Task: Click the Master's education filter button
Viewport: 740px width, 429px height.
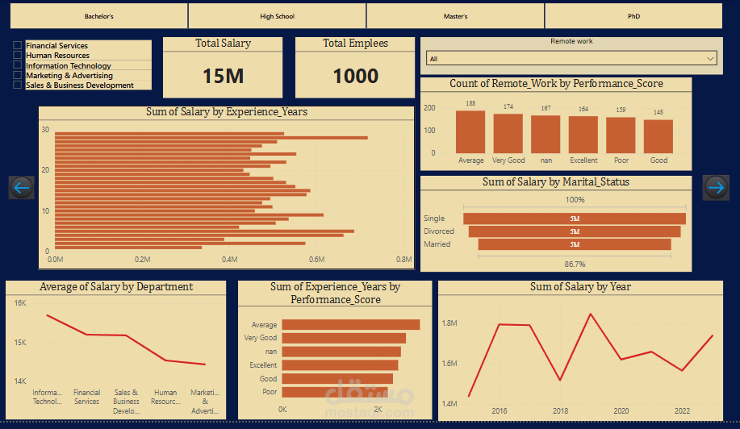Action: click(x=455, y=16)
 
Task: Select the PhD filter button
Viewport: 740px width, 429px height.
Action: click(x=633, y=16)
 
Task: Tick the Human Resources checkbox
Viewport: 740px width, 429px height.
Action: click(x=18, y=56)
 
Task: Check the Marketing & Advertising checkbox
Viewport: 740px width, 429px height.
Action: click(x=18, y=75)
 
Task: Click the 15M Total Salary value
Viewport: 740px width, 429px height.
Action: click(x=223, y=76)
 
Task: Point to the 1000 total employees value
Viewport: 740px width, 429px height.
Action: click(x=355, y=76)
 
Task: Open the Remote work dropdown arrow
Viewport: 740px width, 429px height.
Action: click(x=710, y=58)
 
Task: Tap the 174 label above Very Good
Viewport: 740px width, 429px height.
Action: click(x=508, y=107)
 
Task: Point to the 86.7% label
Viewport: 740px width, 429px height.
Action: click(x=575, y=264)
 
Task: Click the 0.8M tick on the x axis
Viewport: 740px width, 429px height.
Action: click(x=404, y=260)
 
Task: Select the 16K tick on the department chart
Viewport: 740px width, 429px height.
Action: click(x=20, y=303)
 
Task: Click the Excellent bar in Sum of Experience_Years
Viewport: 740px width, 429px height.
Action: click(x=340, y=365)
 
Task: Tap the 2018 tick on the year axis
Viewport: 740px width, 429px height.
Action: click(x=560, y=410)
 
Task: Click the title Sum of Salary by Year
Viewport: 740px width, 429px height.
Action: click(x=580, y=287)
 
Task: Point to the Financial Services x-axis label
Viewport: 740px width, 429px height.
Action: click(x=87, y=397)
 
